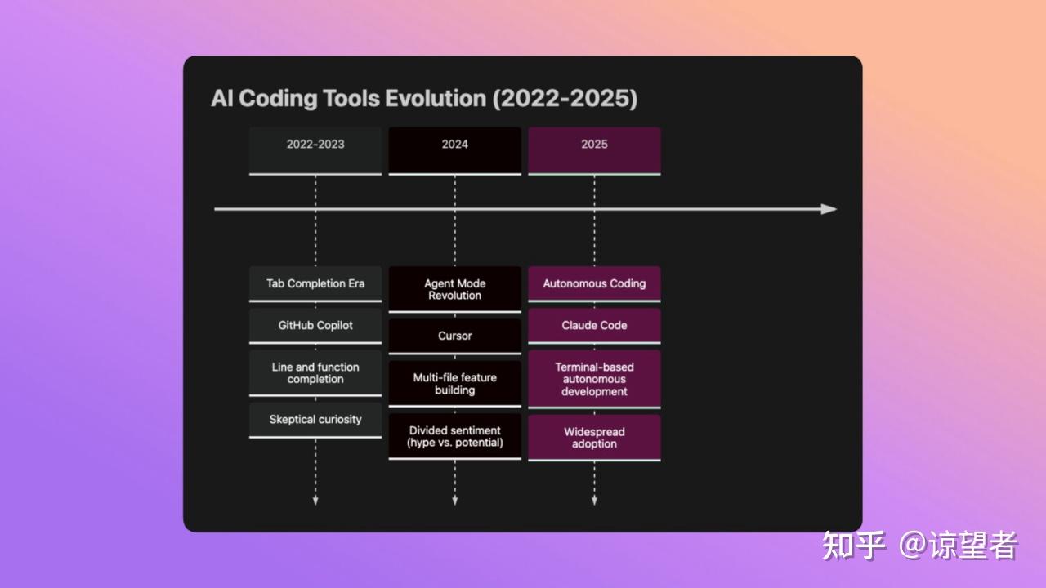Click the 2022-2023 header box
click(x=315, y=151)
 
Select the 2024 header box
click(x=455, y=151)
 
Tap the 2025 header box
click(x=594, y=151)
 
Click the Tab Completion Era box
click(x=315, y=284)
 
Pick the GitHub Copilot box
click(x=315, y=326)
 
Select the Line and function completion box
click(x=315, y=373)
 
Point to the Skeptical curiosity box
click(x=315, y=420)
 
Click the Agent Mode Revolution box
click(x=455, y=289)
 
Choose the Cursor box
click(x=455, y=336)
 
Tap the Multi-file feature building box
click(x=455, y=384)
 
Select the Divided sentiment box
click(x=455, y=436)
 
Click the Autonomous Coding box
click(x=594, y=284)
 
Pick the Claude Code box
click(x=594, y=326)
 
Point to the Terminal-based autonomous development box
click(x=594, y=380)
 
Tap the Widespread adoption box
click(x=594, y=439)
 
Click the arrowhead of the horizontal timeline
click(x=829, y=209)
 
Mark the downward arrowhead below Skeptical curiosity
click(x=315, y=501)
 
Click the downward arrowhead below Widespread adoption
click(x=594, y=501)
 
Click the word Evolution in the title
click(x=436, y=99)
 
